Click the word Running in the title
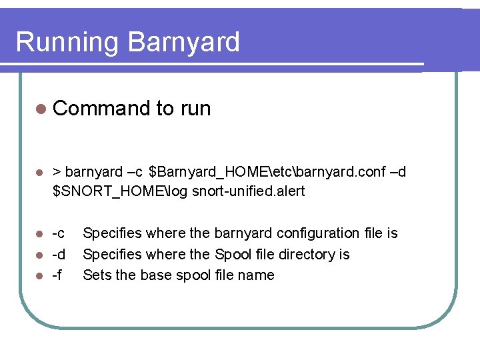pyautogui.click(x=67, y=43)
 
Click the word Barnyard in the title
pyautogui.click(x=183, y=42)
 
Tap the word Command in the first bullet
pyautogui.click(x=101, y=109)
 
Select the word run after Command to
pyautogui.click(x=195, y=109)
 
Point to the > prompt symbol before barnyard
pyautogui.click(x=57, y=173)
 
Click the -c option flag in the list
pyautogui.click(x=59, y=233)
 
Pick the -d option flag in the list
pyautogui.click(x=59, y=255)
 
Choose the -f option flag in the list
pyautogui.click(x=57, y=275)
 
